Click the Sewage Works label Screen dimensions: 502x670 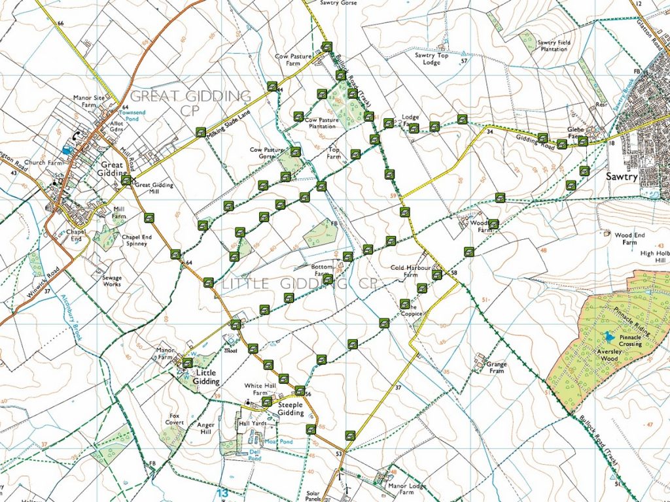[112, 281]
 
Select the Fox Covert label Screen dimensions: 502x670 [174, 419]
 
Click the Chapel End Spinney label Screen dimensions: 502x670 [137, 240]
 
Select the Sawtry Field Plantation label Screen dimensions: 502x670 [554, 46]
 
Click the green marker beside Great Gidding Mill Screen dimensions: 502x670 [126, 180]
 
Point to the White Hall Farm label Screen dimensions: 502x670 [257, 389]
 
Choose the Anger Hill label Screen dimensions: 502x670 [206, 428]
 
